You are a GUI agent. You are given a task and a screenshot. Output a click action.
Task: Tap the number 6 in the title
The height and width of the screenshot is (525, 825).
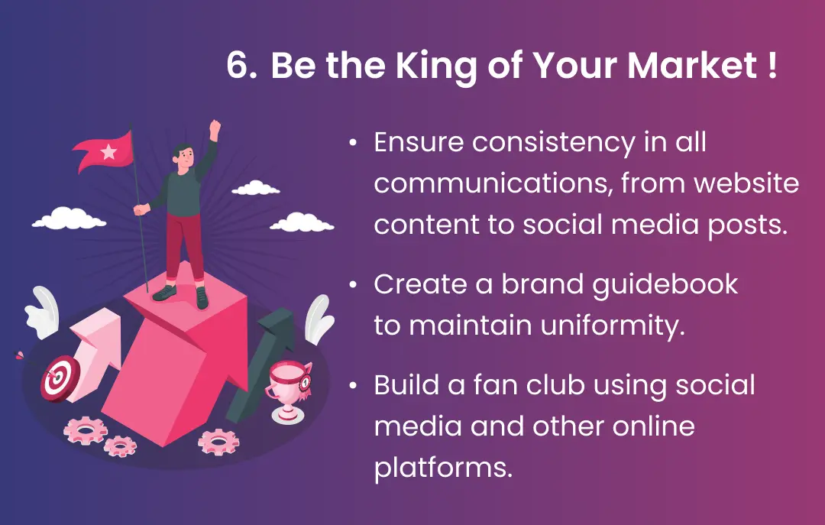click(238, 65)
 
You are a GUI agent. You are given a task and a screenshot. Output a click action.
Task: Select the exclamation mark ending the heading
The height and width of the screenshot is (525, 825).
click(772, 65)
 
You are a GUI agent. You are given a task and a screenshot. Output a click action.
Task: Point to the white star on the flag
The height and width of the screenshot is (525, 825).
click(108, 151)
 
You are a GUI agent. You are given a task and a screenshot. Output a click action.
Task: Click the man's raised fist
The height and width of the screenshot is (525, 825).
click(215, 129)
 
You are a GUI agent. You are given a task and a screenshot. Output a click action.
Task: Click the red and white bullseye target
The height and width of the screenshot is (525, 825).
click(59, 378)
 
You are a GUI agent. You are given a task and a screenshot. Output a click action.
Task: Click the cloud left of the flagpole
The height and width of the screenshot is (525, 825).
click(69, 219)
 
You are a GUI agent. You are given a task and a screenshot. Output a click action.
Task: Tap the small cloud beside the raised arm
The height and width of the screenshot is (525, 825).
click(256, 188)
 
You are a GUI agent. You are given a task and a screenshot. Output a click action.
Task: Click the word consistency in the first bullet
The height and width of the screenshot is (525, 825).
click(554, 143)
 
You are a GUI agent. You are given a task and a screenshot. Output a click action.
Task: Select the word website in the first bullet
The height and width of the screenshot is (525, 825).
click(746, 183)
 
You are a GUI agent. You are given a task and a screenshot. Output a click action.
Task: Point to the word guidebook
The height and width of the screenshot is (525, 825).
click(665, 286)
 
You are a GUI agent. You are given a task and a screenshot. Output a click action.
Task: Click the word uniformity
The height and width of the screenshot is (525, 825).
click(613, 326)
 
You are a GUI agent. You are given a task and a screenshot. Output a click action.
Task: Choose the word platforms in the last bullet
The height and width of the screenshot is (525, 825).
click(443, 468)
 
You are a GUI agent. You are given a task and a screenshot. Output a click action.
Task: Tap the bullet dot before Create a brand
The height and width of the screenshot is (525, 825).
click(353, 285)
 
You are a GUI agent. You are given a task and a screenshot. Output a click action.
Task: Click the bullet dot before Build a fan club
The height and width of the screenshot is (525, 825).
click(353, 386)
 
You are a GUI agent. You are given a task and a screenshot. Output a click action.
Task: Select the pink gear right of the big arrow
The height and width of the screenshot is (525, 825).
click(218, 441)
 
